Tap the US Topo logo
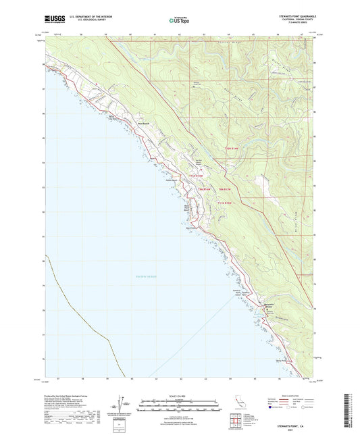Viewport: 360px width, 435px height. (x=180, y=21)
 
